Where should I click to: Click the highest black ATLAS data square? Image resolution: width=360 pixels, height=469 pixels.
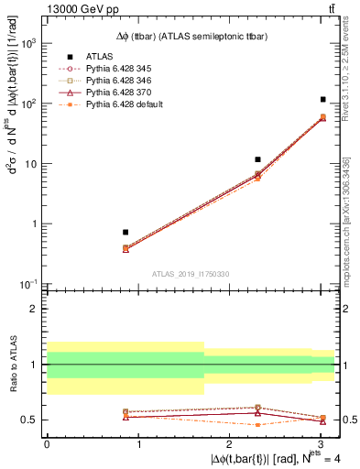(x=322, y=99)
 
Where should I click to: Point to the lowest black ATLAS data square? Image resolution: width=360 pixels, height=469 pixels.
(x=125, y=232)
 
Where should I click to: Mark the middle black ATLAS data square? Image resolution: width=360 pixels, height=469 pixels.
(x=258, y=160)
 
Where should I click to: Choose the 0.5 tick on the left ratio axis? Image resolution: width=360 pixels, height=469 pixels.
(x=29, y=420)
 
